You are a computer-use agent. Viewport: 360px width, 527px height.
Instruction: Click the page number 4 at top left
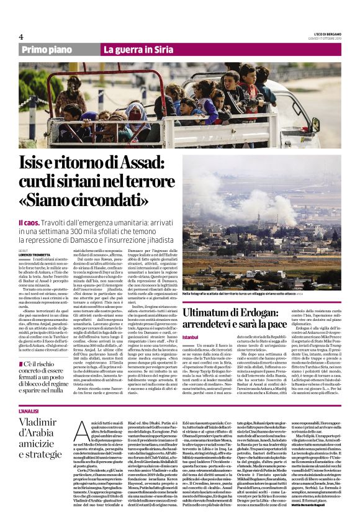point(21,36)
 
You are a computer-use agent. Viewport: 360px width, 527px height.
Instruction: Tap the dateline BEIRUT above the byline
point(24,250)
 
